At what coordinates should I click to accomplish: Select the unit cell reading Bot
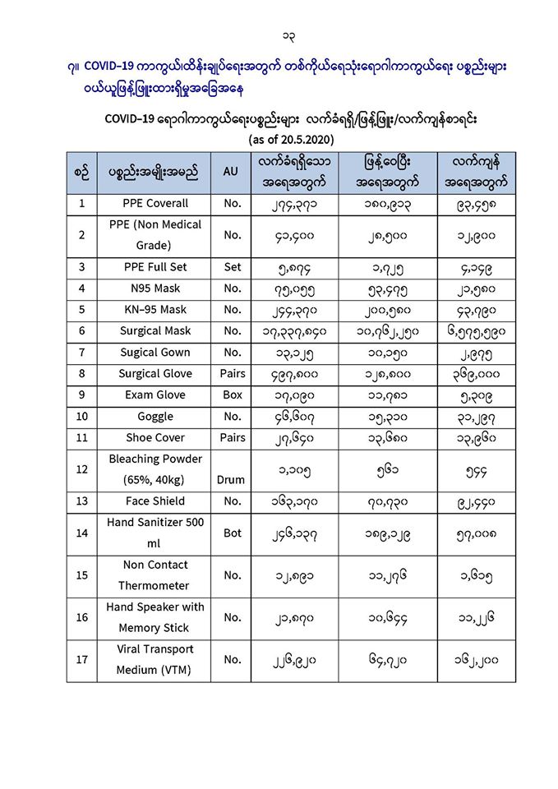point(233,533)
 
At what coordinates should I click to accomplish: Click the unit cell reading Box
point(233,395)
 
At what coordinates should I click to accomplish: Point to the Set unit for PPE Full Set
point(233,267)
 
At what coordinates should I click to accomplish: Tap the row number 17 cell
point(81,659)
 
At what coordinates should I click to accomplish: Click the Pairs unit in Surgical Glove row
point(233,374)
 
